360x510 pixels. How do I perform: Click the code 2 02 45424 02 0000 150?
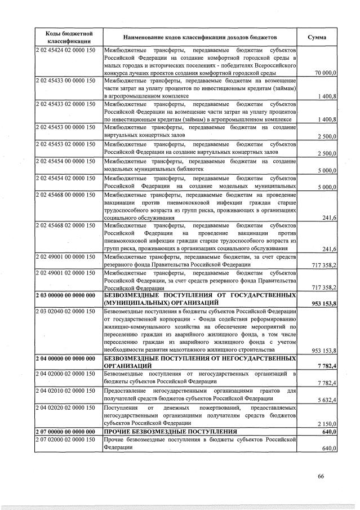click(x=65, y=51)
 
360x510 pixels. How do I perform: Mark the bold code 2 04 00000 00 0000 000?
click(x=65, y=358)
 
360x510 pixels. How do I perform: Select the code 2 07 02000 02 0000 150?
click(x=65, y=440)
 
